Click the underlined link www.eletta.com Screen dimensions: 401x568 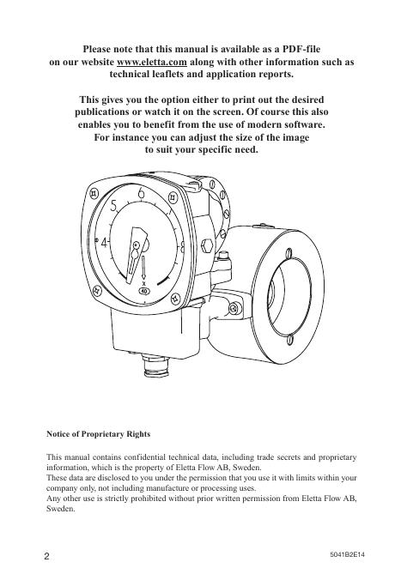(151, 62)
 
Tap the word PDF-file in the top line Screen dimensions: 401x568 (301, 49)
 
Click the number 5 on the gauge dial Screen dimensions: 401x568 (114, 206)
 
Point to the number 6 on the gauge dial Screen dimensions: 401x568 (141, 193)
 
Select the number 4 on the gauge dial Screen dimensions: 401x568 (105, 243)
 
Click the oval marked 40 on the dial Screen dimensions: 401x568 (144, 291)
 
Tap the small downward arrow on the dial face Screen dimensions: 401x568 (143, 268)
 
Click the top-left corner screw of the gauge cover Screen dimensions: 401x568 (94, 193)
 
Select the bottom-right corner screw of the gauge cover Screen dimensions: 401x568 (175, 298)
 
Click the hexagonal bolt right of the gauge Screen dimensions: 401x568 (208, 245)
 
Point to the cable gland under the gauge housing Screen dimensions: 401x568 (156, 366)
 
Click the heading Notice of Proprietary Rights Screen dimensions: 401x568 (98, 434)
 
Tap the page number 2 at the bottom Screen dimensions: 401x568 (46, 556)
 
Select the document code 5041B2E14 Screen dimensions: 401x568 (348, 554)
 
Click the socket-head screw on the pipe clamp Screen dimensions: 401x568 (235, 308)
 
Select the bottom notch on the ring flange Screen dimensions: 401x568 (289, 340)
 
